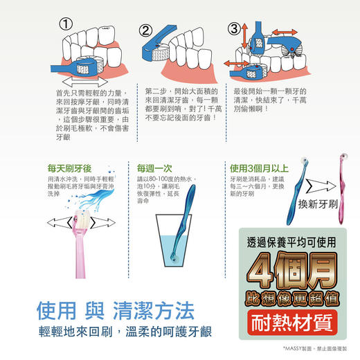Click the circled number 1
[x=67, y=24]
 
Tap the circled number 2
[x=145, y=31]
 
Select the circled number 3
[x=234, y=29]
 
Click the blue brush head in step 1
[x=85, y=66]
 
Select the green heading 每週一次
[x=153, y=168]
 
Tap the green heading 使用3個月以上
[x=259, y=168]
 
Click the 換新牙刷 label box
[x=317, y=204]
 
